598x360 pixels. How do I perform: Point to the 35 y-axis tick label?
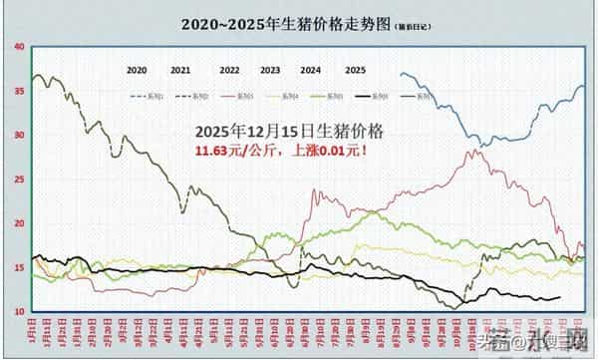point(20,91)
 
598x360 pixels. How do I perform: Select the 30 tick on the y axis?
point(20,135)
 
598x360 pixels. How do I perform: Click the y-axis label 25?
point(20,180)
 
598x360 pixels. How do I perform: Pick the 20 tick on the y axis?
point(20,223)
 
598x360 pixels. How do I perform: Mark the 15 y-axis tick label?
point(20,267)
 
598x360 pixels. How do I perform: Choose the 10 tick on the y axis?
point(20,312)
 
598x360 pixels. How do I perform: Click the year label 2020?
point(137,71)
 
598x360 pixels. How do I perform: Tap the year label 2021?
point(180,71)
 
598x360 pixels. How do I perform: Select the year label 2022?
point(229,71)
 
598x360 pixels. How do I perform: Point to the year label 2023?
point(270,71)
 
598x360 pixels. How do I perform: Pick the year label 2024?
point(310,71)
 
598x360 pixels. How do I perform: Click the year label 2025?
point(355,71)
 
